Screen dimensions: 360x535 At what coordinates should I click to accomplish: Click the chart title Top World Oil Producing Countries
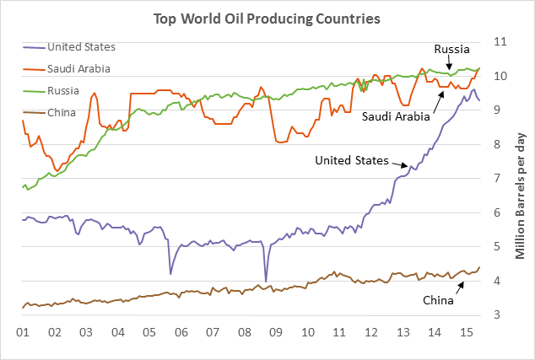click(x=267, y=17)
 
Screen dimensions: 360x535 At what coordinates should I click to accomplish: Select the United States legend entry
click(x=81, y=46)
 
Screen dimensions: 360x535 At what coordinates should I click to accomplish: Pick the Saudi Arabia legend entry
click(x=79, y=68)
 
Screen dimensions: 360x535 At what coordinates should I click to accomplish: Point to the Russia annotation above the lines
click(x=451, y=49)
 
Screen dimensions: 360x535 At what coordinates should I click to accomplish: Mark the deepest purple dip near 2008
click(x=266, y=281)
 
